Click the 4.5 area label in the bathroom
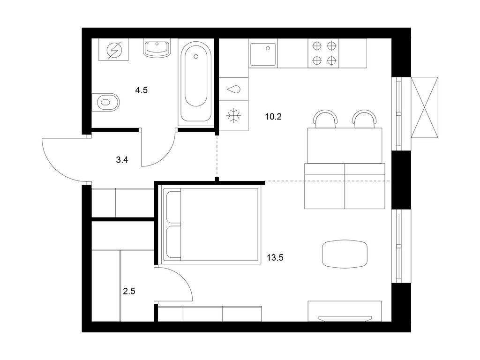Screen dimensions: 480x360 [x=142, y=90]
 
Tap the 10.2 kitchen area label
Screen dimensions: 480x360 [x=273, y=117]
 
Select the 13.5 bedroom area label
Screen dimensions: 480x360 [x=275, y=258]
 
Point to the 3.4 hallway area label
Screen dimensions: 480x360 [x=122, y=159]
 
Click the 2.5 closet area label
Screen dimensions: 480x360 [x=129, y=291]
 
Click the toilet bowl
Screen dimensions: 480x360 [x=106, y=102]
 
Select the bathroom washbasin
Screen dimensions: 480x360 [x=157, y=48]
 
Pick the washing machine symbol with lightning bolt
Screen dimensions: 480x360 [x=114, y=50]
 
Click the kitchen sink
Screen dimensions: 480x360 [x=263, y=54]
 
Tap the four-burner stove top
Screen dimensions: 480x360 [x=324, y=53]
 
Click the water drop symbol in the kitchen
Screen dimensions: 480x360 [x=233, y=90]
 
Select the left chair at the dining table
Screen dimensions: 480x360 [x=325, y=119]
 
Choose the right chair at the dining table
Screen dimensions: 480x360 [x=364, y=119]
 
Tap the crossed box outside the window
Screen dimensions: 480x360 [x=424, y=107]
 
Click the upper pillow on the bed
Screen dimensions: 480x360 [x=173, y=207]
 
